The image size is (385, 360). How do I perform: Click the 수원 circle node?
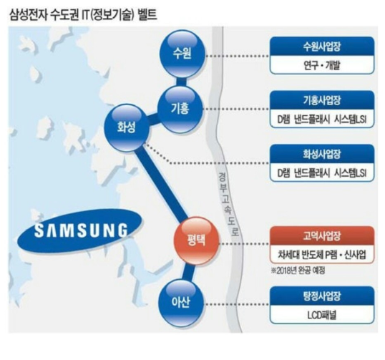[182, 54]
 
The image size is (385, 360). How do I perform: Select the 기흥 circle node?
[180, 110]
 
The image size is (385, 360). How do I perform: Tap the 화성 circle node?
[127, 127]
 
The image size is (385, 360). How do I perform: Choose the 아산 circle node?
[181, 303]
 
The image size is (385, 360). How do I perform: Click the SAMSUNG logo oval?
[80, 231]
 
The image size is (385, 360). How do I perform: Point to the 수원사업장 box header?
[322, 47]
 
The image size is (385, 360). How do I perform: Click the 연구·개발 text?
[321, 65]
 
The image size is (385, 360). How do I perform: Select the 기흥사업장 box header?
[322, 101]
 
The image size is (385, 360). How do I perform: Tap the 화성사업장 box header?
[322, 155]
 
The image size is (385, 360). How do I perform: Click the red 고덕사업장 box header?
[322, 236]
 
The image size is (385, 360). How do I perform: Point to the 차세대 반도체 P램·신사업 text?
[322, 254]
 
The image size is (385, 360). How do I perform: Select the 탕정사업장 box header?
[322, 296]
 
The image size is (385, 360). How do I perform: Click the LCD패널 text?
[321, 315]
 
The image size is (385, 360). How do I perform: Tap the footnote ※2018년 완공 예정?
[298, 271]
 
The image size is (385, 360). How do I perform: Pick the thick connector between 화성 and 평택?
[162, 184]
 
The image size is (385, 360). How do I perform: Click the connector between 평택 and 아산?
[188, 273]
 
